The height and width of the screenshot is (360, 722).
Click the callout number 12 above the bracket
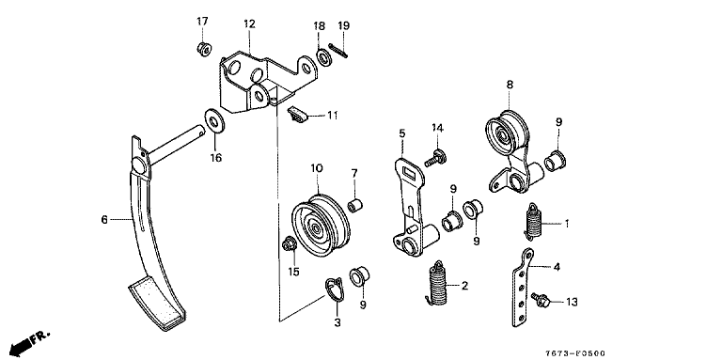click(x=249, y=23)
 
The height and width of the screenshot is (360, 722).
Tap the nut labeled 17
click(x=203, y=48)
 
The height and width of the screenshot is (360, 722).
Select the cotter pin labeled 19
click(x=338, y=50)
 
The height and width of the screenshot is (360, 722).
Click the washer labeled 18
click(x=324, y=58)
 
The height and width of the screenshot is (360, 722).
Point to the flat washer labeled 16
click(x=214, y=121)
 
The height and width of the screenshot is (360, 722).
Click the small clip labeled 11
click(x=298, y=115)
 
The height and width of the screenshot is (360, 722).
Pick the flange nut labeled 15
click(x=290, y=243)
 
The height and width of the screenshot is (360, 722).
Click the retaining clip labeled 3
click(x=335, y=290)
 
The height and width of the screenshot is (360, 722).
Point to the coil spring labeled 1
click(x=534, y=222)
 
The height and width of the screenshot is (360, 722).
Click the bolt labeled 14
click(x=434, y=158)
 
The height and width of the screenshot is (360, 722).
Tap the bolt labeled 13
click(x=541, y=300)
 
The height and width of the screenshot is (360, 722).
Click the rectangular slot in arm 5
click(x=408, y=173)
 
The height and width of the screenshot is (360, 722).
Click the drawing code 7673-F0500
click(x=575, y=353)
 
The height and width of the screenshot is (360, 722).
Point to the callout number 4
click(x=557, y=267)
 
